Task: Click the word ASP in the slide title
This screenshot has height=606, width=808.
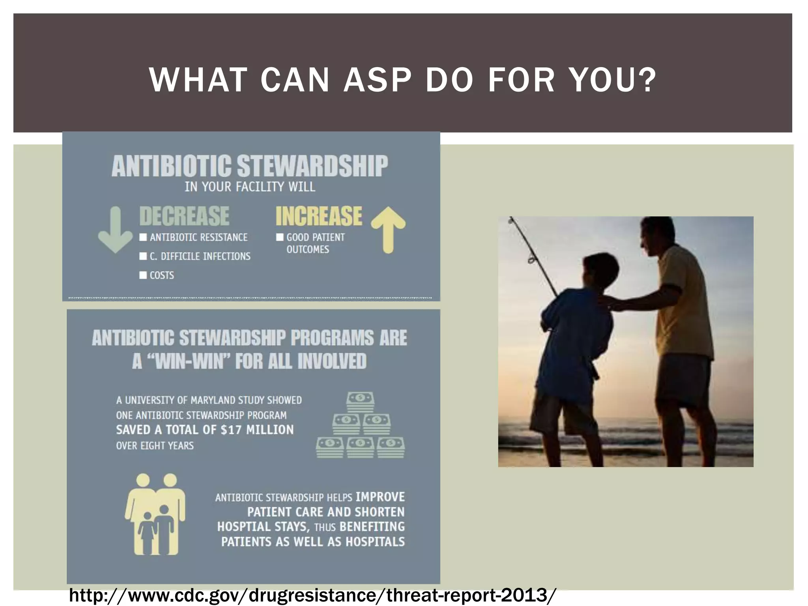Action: pos(378,80)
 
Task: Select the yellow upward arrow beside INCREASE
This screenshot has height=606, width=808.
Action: pos(388,229)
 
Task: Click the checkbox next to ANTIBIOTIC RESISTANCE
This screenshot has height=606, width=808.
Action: pos(143,237)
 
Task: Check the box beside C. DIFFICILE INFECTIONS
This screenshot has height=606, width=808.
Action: pos(143,256)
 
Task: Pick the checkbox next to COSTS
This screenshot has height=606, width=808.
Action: pos(143,275)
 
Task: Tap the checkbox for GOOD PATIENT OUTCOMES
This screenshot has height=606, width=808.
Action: pos(280,237)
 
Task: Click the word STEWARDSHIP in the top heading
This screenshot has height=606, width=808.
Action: pos(312,166)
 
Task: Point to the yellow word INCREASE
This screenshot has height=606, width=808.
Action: pos(318,216)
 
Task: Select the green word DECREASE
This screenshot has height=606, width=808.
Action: pos(184,216)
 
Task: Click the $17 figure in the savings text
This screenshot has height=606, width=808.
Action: pos(230,430)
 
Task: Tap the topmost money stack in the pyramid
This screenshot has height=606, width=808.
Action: pos(360,402)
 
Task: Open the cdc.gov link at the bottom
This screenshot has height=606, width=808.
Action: pos(312,595)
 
